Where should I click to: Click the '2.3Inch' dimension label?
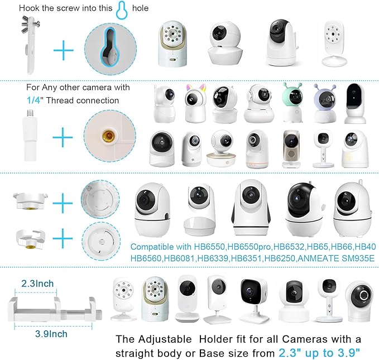tap(37, 284)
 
